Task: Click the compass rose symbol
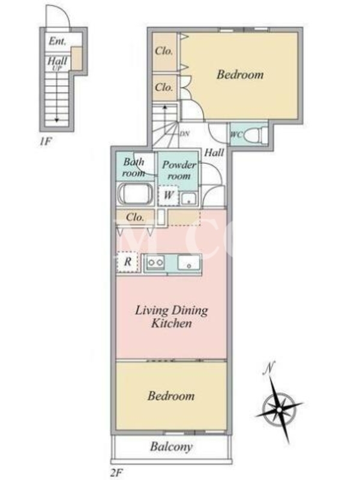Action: click(x=279, y=409)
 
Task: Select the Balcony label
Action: click(x=171, y=447)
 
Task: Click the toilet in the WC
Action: click(x=256, y=134)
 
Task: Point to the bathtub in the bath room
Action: click(x=136, y=193)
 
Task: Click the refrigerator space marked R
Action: click(x=128, y=262)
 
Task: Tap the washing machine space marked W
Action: click(x=169, y=194)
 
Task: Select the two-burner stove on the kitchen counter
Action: click(x=156, y=263)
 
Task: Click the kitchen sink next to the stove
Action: click(x=189, y=262)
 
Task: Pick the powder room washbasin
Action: click(x=188, y=199)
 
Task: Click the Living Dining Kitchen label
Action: click(x=172, y=317)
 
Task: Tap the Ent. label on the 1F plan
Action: click(x=57, y=41)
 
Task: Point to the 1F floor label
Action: click(x=46, y=142)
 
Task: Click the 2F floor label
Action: click(x=116, y=473)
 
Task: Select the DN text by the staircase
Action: click(x=184, y=134)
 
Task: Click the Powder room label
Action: click(x=179, y=170)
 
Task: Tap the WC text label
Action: click(x=236, y=134)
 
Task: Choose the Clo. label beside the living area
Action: click(x=135, y=217)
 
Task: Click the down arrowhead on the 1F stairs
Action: click(x=56, y=120)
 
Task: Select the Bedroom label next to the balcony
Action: click(x=171, y=396)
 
